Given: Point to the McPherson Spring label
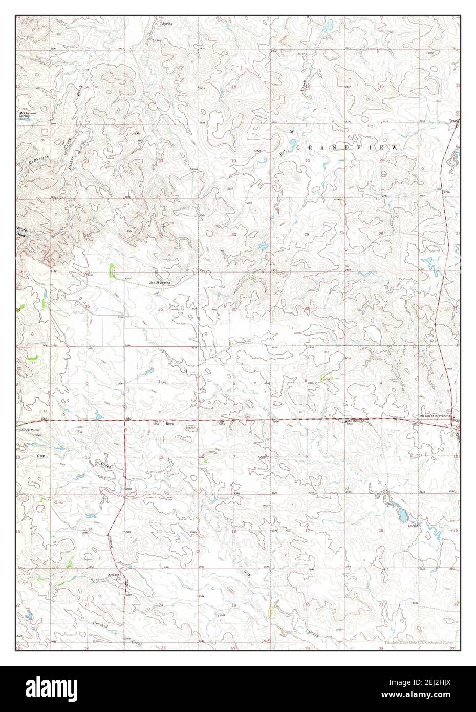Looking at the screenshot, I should pos(25,114).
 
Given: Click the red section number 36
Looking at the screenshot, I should pos(160,309).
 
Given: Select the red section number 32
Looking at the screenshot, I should pos(307,309).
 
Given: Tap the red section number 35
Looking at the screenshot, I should pos(88,306).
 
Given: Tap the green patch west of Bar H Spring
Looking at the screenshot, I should pos(112,269).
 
